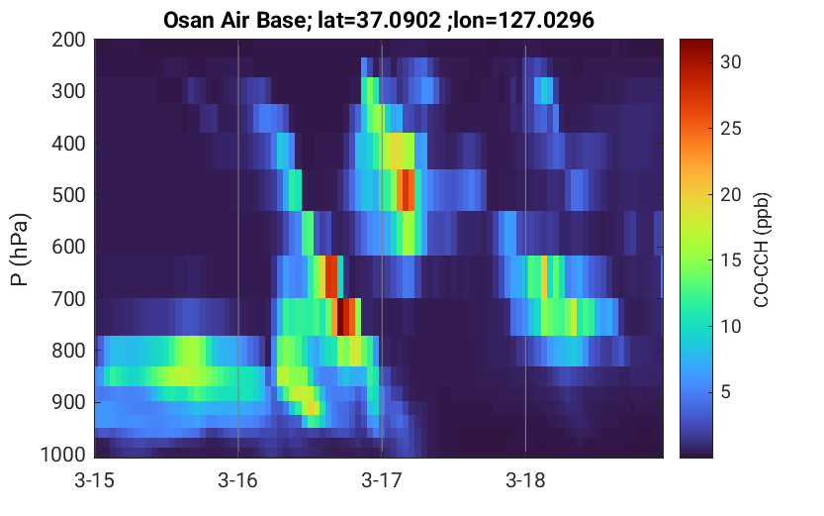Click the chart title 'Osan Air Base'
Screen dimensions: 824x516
click(238, 20)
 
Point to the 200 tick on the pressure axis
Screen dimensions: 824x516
click(68, 40)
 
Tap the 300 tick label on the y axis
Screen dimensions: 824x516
click(68, 91)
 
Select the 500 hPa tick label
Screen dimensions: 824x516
click(68, 195)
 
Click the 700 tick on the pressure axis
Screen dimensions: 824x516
click(68, 299)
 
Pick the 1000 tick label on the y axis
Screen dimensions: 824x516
click(63, 455)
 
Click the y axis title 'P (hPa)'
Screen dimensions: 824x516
click(19, 250)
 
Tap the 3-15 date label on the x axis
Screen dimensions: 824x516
click(94, 480)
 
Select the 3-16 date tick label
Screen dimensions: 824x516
click(238, 480)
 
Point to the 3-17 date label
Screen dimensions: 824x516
click(382, 480)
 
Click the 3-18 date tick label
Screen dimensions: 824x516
click(525, 480)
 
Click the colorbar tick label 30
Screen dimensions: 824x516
click(730, 62)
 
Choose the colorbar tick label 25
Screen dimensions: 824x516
click(730, 129)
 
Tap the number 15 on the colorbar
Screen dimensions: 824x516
click(730, 260)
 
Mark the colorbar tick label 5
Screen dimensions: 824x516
click(726, 392)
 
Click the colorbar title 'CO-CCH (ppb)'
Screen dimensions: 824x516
click(762, 250)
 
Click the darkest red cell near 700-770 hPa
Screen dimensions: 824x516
click(340, 317)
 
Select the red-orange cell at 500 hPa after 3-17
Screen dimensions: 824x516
click(407, 190)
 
